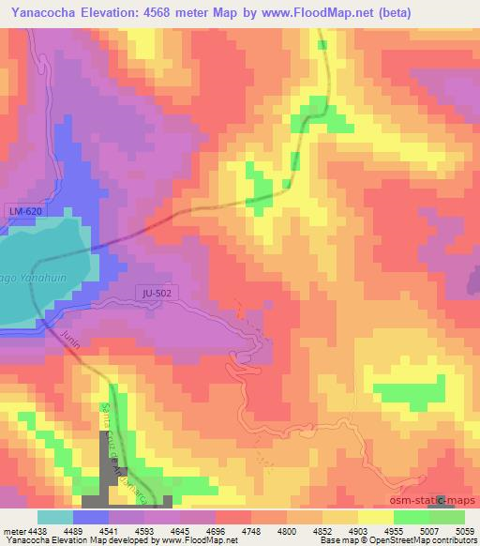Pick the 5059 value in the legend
pos(463,531)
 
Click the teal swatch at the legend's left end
pos(54,517)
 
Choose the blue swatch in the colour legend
pos(91,517)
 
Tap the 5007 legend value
pos(428,531)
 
